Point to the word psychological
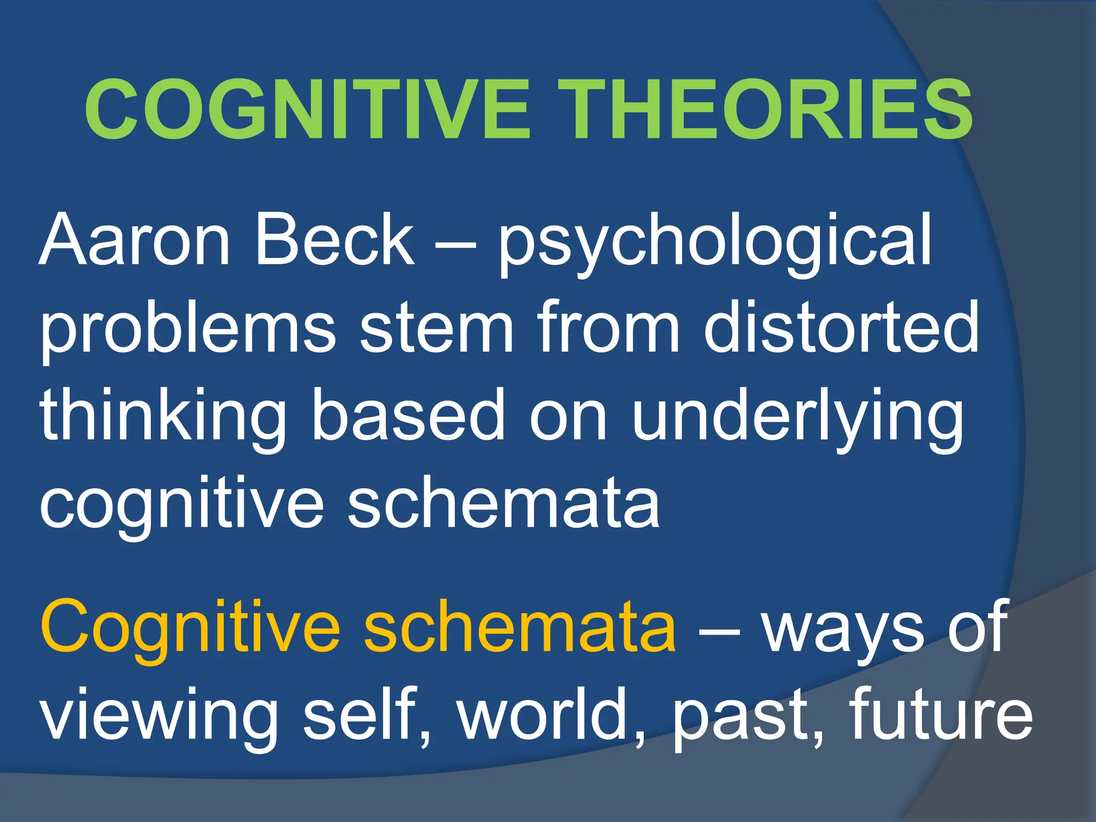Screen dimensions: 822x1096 click(715, 243)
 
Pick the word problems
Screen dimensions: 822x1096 click(187, 329)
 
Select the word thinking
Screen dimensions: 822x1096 click(163, 417)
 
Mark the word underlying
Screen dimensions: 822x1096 click(797, 417)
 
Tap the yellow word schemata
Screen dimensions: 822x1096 click(520, 626)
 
